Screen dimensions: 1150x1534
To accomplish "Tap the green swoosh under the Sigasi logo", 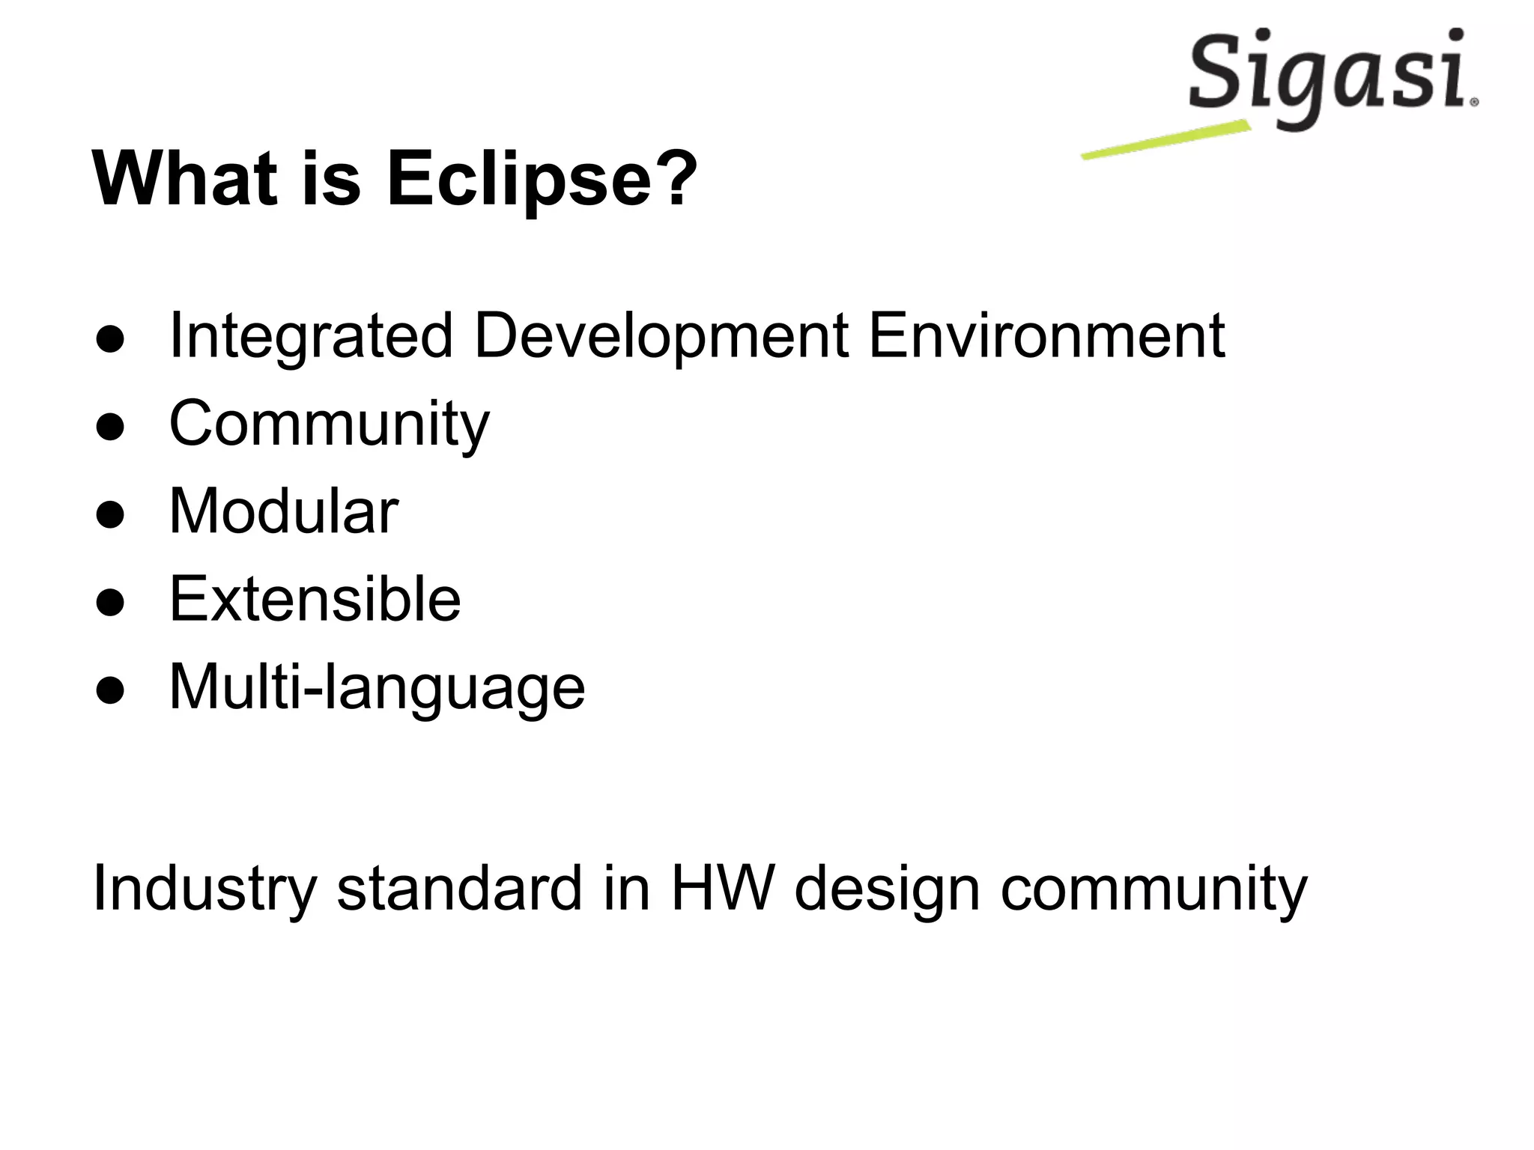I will point(1165,140).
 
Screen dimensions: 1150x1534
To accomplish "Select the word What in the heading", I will point(184,180).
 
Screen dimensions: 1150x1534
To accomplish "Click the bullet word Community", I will point(329,425).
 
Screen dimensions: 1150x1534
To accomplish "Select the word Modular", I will point(284,511).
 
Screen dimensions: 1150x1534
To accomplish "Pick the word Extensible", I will point(315,599).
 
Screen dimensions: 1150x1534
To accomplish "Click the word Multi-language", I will point(377,687).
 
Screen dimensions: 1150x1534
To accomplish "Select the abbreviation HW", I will point(721,889).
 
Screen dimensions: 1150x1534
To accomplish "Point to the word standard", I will point(459,889).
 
